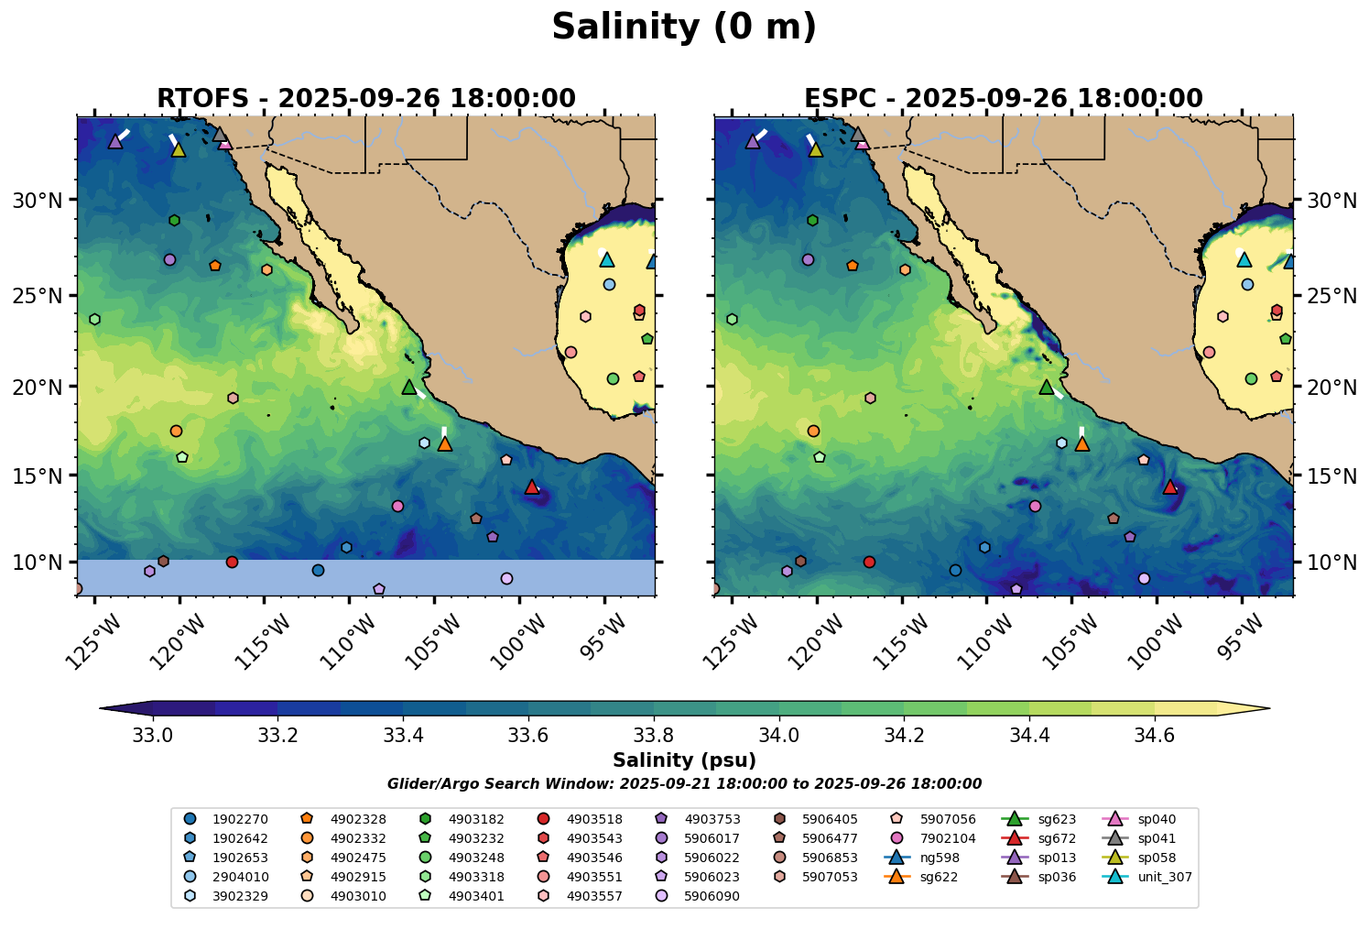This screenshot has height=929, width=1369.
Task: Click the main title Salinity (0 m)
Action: [684, 27]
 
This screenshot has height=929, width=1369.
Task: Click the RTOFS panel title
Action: [366, 98]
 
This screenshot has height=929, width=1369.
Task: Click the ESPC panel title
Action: [1004, 98]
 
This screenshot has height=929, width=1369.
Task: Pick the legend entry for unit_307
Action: [1164, 877]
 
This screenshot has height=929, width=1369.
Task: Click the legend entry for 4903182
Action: [475, 819]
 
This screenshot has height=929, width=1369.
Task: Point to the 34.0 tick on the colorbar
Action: [779, 735]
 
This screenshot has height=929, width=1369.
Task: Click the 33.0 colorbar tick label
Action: [153, 735]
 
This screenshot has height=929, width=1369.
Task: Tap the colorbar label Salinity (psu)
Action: [684, 760]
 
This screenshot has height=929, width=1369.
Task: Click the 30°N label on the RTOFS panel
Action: [38, 201]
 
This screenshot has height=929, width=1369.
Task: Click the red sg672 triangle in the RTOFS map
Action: [532, 487]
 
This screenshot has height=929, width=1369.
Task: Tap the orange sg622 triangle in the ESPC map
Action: [1082, 444]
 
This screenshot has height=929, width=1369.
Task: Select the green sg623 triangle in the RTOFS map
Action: [409, 388]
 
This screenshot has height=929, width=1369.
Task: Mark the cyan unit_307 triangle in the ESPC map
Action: [1244, 259]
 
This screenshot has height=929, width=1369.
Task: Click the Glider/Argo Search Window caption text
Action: [684, 784]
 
